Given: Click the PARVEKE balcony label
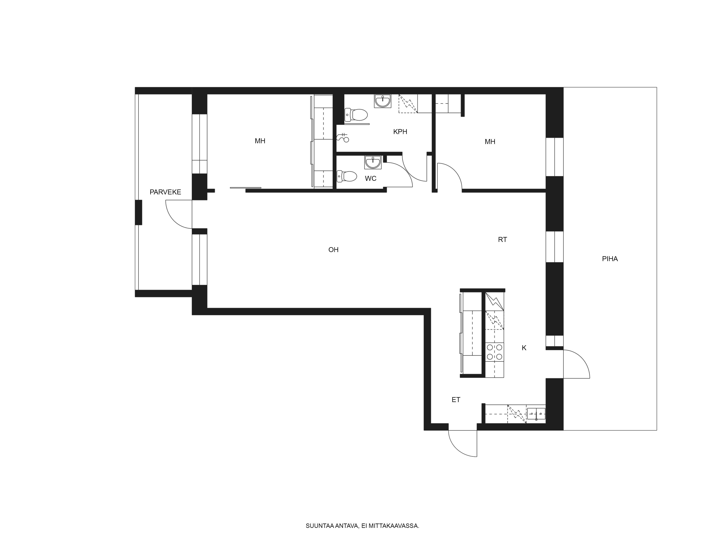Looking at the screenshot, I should (165, 192).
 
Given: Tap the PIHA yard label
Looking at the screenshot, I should (610, 259).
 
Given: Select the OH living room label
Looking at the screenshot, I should (333, 250).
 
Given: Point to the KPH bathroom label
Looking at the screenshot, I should (400, 132).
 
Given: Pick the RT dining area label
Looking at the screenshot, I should (502, 240).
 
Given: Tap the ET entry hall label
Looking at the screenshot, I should (456, 400).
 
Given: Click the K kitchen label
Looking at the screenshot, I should (524, 348).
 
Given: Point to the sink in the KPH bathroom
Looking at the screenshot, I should (382, 101).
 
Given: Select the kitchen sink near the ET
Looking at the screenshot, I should (536, 414).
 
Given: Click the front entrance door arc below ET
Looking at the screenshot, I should (461, 446).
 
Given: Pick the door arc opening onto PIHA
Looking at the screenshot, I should (579, 362).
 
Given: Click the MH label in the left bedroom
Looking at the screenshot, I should (260, 141).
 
